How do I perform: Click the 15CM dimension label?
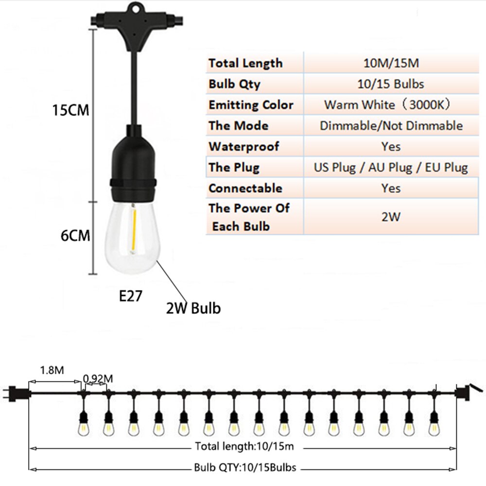tap(70, 110)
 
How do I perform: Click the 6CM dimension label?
tap(75, 236)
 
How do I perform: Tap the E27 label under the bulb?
tap(130, 296)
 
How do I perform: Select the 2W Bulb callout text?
tap(193, 308)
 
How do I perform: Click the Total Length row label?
tap(245, 63)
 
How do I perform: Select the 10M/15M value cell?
tap(391, 63)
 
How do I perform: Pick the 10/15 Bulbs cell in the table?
tap(391, 84)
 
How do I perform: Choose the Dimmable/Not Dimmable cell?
tap(391, 125)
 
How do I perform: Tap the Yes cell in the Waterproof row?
tap(391, 146)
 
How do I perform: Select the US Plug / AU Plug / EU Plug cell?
tap(391, 167)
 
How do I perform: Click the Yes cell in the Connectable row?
tap(391, 188)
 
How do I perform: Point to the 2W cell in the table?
tap(391, 217)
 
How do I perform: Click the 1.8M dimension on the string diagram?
tap(52, 370)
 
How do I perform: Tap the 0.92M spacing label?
tap(98, 379)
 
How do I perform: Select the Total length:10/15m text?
tap(244, 446)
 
